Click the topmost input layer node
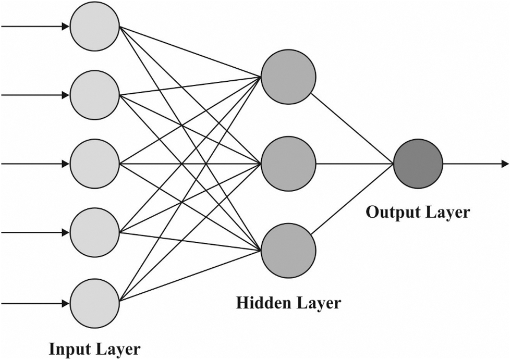94,27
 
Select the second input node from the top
94,95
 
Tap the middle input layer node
94,164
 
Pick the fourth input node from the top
94,232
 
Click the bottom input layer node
94,303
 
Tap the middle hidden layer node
288,164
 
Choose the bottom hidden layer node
288,251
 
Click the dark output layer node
418,164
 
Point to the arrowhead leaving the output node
505,164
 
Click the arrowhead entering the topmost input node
65,27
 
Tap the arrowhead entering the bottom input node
65,303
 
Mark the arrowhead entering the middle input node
65,164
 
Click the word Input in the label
70,349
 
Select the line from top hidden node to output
353,129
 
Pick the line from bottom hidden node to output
353,198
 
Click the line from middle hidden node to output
355,164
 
